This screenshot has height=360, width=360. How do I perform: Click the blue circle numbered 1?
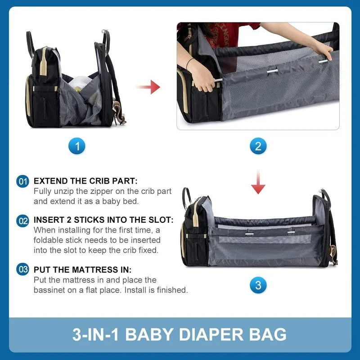click(77, 145)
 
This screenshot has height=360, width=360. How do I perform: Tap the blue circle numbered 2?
click(258, 145)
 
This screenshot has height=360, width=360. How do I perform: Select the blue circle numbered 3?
click(258, 285)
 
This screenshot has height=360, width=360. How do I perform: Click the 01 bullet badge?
click(23, 182)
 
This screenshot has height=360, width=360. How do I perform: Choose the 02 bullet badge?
click(23, 221)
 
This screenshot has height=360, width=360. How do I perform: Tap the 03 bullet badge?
click(23, 270)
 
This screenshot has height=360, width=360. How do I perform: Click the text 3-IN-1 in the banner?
click(95, 335)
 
